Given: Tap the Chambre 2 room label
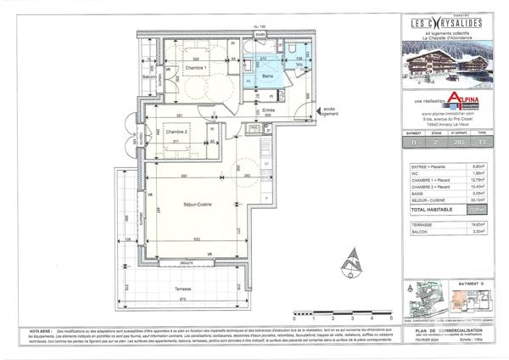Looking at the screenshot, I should click(x=176, y=132).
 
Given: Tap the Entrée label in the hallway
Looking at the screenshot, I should click(x=268, y=110).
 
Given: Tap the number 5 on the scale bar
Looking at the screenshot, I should click(x=391, y=316).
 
